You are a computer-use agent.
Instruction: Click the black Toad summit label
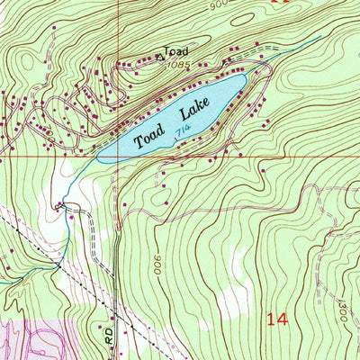coord(176,52)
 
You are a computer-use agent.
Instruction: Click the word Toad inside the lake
coord(150,138)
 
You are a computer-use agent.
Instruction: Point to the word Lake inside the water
coord(193,112)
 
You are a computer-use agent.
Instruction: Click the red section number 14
coord(278,318)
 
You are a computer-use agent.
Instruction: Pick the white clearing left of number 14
coord(236,270)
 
